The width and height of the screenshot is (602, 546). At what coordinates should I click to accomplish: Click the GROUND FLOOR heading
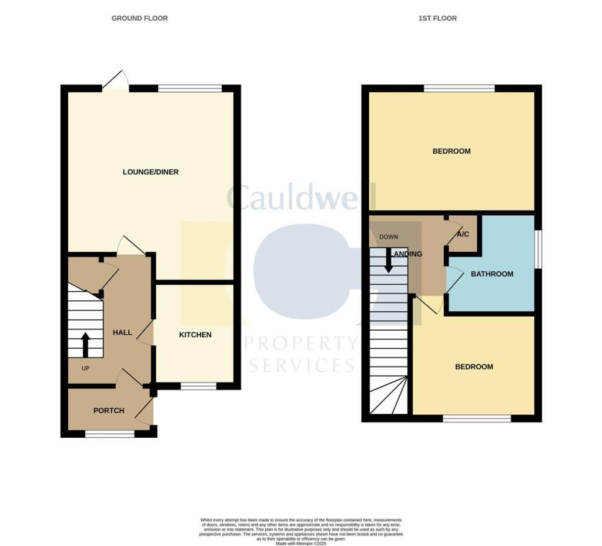pyautogui.click(x=139, y=18)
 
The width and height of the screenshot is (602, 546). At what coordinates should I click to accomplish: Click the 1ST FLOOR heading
pyautogui.click(x=437, y=18)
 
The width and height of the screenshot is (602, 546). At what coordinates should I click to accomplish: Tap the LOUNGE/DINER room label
pyautogui.click(x=150, y=172)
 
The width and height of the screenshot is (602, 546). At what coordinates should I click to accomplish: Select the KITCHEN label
pyautogui.click(x=195, y=335)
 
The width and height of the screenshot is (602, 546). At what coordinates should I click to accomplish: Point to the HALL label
pyautogui.click(x=122, y=333)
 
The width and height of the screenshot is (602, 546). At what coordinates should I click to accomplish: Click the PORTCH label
pyautogui.click(x=109, y=411)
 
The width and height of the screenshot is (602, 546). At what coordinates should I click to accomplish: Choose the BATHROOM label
pyautogui.click(x=492, y=274)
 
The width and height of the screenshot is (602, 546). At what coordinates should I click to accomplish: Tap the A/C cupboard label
pyautogui.click(x=463, y=235)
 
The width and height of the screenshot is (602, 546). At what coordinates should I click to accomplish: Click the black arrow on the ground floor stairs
pyautogui.click(x=85, y=345)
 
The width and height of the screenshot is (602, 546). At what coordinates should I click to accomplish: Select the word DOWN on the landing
pyautogui.click(x=389, y=237)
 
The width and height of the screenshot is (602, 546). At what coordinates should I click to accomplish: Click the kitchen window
pyautogui.click(x=198, y=387)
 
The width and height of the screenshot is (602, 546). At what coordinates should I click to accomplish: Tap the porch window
pyautogui.click(x=110, y=434)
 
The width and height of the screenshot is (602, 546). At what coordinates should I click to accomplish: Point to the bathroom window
pyautogui.click(x=537, y=249)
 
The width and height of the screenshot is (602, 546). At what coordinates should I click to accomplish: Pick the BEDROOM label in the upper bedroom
pyautogui.click(x=451, y=151)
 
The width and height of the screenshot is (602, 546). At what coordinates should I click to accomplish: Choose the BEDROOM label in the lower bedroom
pyautogui.click(x=474, y=367)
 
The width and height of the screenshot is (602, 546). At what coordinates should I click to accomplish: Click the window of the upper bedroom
pyautogui.click(x=459, y=88)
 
